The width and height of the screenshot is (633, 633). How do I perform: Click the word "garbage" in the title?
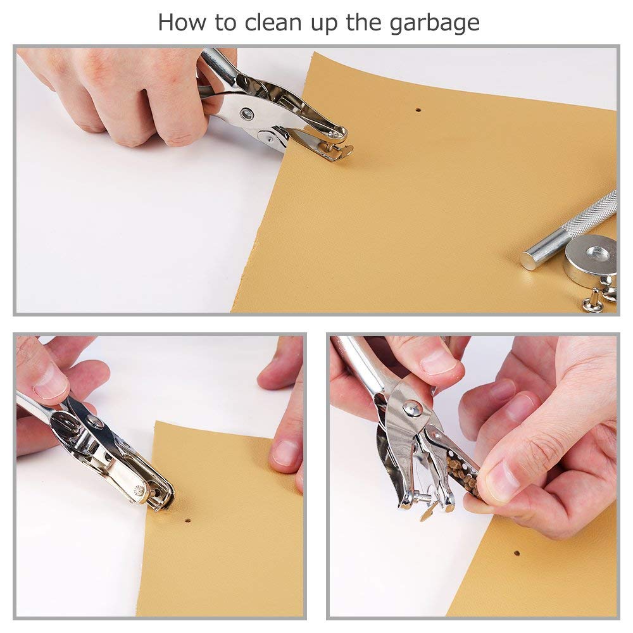(x=434, y=23)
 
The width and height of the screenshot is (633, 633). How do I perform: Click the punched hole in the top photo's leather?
(x=418, y=110)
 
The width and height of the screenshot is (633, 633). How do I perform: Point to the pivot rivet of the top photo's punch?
(x=246, y=113)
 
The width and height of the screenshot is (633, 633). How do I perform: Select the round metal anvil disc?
(x=590, y=259)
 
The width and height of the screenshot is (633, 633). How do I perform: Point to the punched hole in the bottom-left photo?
(x=187, y=520)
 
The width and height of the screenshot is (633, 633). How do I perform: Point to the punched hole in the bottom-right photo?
(x=517, y=553)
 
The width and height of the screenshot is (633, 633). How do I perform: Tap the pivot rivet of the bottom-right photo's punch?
(x=413, y=408)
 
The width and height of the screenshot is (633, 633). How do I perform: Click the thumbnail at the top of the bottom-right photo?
(x=437, y=361)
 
